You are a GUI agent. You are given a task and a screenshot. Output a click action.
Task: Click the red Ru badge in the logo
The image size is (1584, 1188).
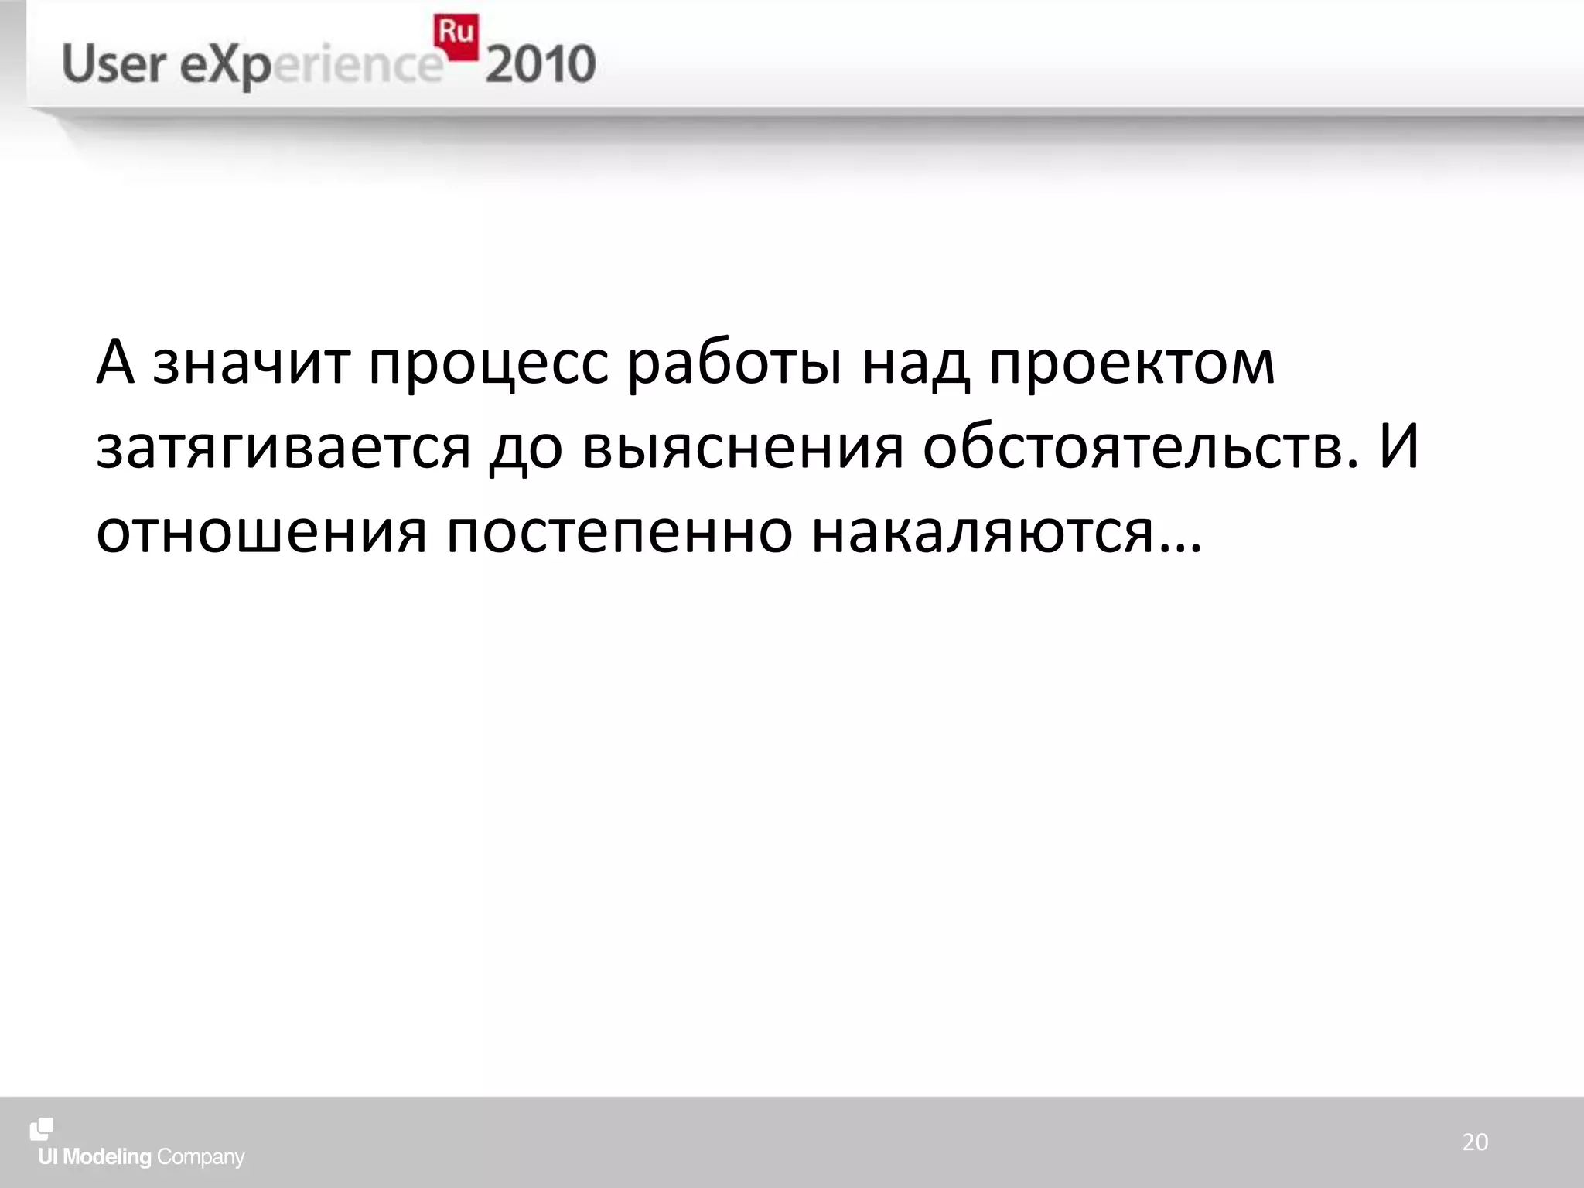pyautogui.click(x=456, y=36)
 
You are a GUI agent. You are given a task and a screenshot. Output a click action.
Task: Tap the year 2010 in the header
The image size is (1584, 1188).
pyautogui.click(x=541, y=65)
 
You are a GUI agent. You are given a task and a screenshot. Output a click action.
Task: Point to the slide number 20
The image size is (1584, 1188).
pyautogui.click(x=1475, y=1142)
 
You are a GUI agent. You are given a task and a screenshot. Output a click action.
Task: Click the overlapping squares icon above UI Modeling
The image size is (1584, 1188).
pyautogui.click(x=42, y=1128)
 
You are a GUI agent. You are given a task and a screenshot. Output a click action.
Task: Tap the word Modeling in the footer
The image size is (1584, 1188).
pyautogui.click(x=108, y=1157)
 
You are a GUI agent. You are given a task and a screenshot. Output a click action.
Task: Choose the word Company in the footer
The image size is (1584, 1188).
pyautogui.click(x=200, y=1158)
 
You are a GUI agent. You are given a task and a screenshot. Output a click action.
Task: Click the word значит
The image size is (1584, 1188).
pyautogui.click(x=251, y=364)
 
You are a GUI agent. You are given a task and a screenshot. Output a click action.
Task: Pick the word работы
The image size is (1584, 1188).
pyautogui.click(x=734, y=364)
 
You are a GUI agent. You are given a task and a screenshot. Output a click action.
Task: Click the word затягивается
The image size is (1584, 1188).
pyautogui.click(x=283, y=449)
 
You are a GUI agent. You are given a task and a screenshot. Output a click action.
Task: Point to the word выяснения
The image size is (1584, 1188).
pyautogui.click(x=742, y=448)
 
